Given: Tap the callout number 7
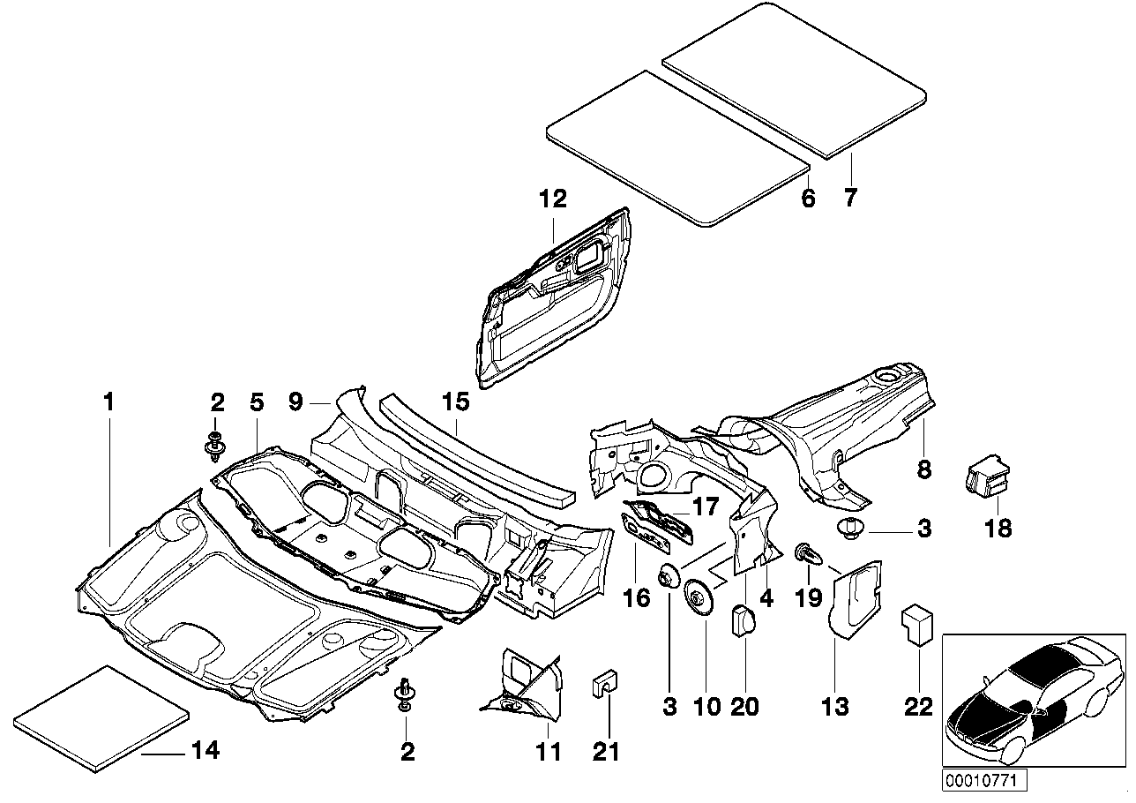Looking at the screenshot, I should (849, 198).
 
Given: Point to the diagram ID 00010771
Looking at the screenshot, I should (975, 781).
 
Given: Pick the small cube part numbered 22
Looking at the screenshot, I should (916, 625).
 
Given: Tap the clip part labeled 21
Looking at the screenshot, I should (605, 683).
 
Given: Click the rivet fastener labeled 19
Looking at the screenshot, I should (807, 553).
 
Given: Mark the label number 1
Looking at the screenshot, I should (108, 402).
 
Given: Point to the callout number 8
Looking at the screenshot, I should (923, 469).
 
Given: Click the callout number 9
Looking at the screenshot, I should (295, 402).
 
